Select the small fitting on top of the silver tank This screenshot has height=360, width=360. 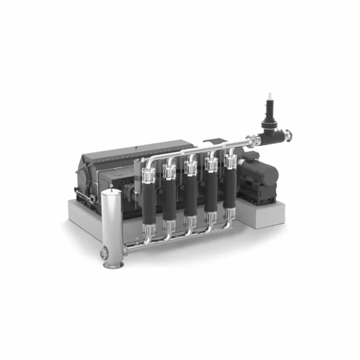point(111,191)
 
